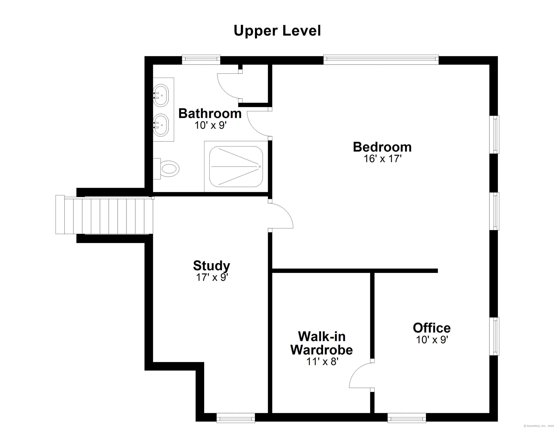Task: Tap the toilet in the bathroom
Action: click(x=169, y=168)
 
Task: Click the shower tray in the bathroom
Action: click(x=236, y=166)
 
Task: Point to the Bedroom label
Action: click(x=382, y=147)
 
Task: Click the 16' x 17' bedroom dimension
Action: click(x=382, y=159)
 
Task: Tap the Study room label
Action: click(x=211, y=266)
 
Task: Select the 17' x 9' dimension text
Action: click(x=212, y=278)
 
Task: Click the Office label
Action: click(x=431, y=328)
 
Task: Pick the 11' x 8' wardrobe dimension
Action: click(x=322, y=361)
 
